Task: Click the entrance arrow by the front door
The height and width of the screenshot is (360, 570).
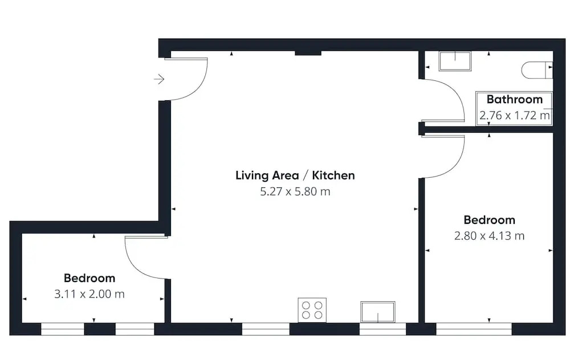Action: (x=159, y=79)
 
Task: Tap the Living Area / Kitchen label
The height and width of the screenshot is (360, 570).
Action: (x=295, y=175)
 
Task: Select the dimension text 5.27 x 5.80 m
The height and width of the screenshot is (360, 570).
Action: (x=295, y=191)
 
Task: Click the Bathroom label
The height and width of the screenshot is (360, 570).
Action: (x=514, y=99)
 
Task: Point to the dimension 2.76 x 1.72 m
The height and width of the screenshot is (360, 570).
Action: (x=514, y=116)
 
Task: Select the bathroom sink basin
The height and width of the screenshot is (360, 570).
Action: (x=455, y=61)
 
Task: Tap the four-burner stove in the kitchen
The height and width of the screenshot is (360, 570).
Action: (x=312, y=310)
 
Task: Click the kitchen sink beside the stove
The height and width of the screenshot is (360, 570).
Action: (x=378, y=312)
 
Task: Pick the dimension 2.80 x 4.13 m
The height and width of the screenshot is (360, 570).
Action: (x=489, y=236)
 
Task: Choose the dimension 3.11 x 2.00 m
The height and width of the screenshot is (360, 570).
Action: (x=89, y=294)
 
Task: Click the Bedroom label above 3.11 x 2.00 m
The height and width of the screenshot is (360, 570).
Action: (x=89, y=279)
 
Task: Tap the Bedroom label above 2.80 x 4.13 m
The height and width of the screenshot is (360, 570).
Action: (x=489, y=220)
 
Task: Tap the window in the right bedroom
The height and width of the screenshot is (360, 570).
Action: (x=474, y=329)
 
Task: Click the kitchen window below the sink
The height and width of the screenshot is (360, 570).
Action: (x=383, y=329)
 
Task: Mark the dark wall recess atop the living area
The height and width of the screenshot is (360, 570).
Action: (x=308, y=53)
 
